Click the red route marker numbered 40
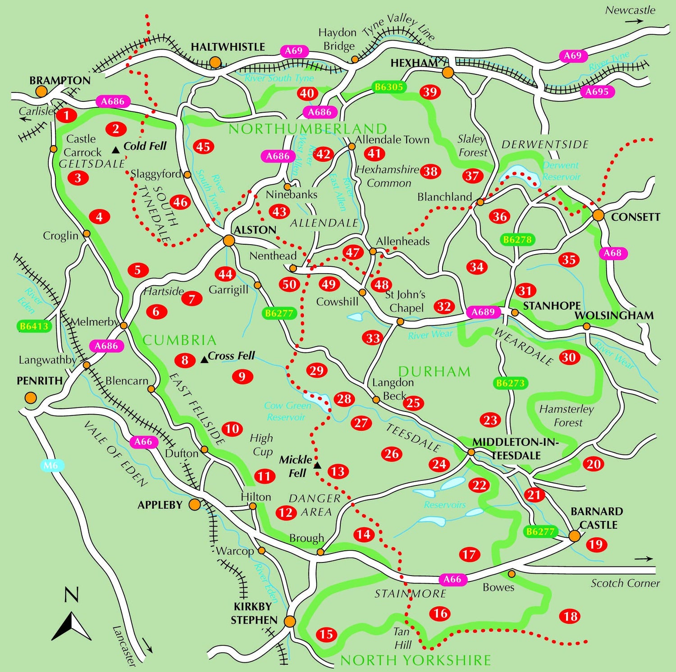click(307, 93)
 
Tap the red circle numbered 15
click(326, 635)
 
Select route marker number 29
click(316, 370)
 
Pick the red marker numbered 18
click(570, 616)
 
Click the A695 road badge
click(597, 91)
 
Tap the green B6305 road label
click(389, 87)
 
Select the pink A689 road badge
click(483, 312)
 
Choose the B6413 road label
click(34, 326)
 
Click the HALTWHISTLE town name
click(228, 47)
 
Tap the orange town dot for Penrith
click(31, 398)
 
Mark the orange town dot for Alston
click(229, 241)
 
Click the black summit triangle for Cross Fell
click(204, 359)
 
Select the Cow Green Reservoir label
click(287, 411)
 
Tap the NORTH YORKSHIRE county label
click(415, 660)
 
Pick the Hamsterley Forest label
click(567, 416)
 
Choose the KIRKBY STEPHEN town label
click(254, 613)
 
